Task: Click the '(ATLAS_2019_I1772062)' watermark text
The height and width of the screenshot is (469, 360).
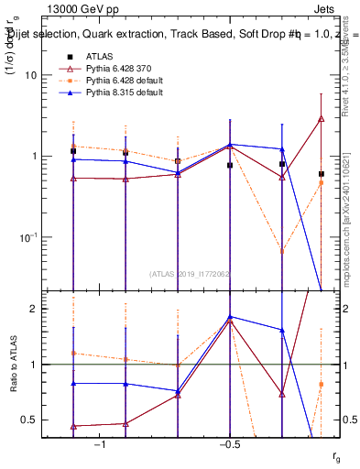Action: click(191, 273)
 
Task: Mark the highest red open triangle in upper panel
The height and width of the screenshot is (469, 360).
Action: click(322, 118)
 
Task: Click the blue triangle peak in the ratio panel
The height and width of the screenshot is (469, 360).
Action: click(230, 317)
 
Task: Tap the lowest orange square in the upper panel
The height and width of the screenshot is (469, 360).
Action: click(282, 250)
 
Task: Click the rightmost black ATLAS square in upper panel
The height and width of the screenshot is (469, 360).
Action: click(322, 173)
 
